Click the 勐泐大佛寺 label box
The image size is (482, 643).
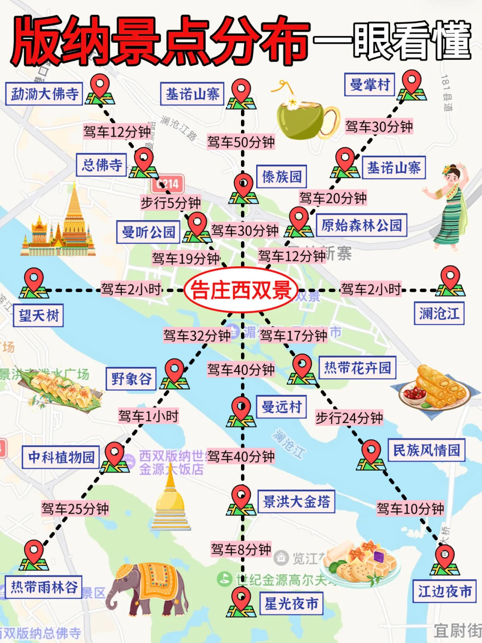44,94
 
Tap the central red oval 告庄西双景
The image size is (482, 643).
241,290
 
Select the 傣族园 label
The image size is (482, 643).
282,177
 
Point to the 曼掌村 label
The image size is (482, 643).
370,85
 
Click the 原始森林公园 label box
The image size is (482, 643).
361,225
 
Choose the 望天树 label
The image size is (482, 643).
38,316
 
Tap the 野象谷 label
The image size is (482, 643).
131,379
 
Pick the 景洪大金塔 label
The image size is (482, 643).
296,502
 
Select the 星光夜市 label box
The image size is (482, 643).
291,604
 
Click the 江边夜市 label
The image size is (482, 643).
445,591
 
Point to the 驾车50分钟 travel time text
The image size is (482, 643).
241,142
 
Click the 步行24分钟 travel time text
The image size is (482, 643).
349,418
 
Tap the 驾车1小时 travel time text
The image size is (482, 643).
148,416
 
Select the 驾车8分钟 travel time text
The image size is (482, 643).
241,549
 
